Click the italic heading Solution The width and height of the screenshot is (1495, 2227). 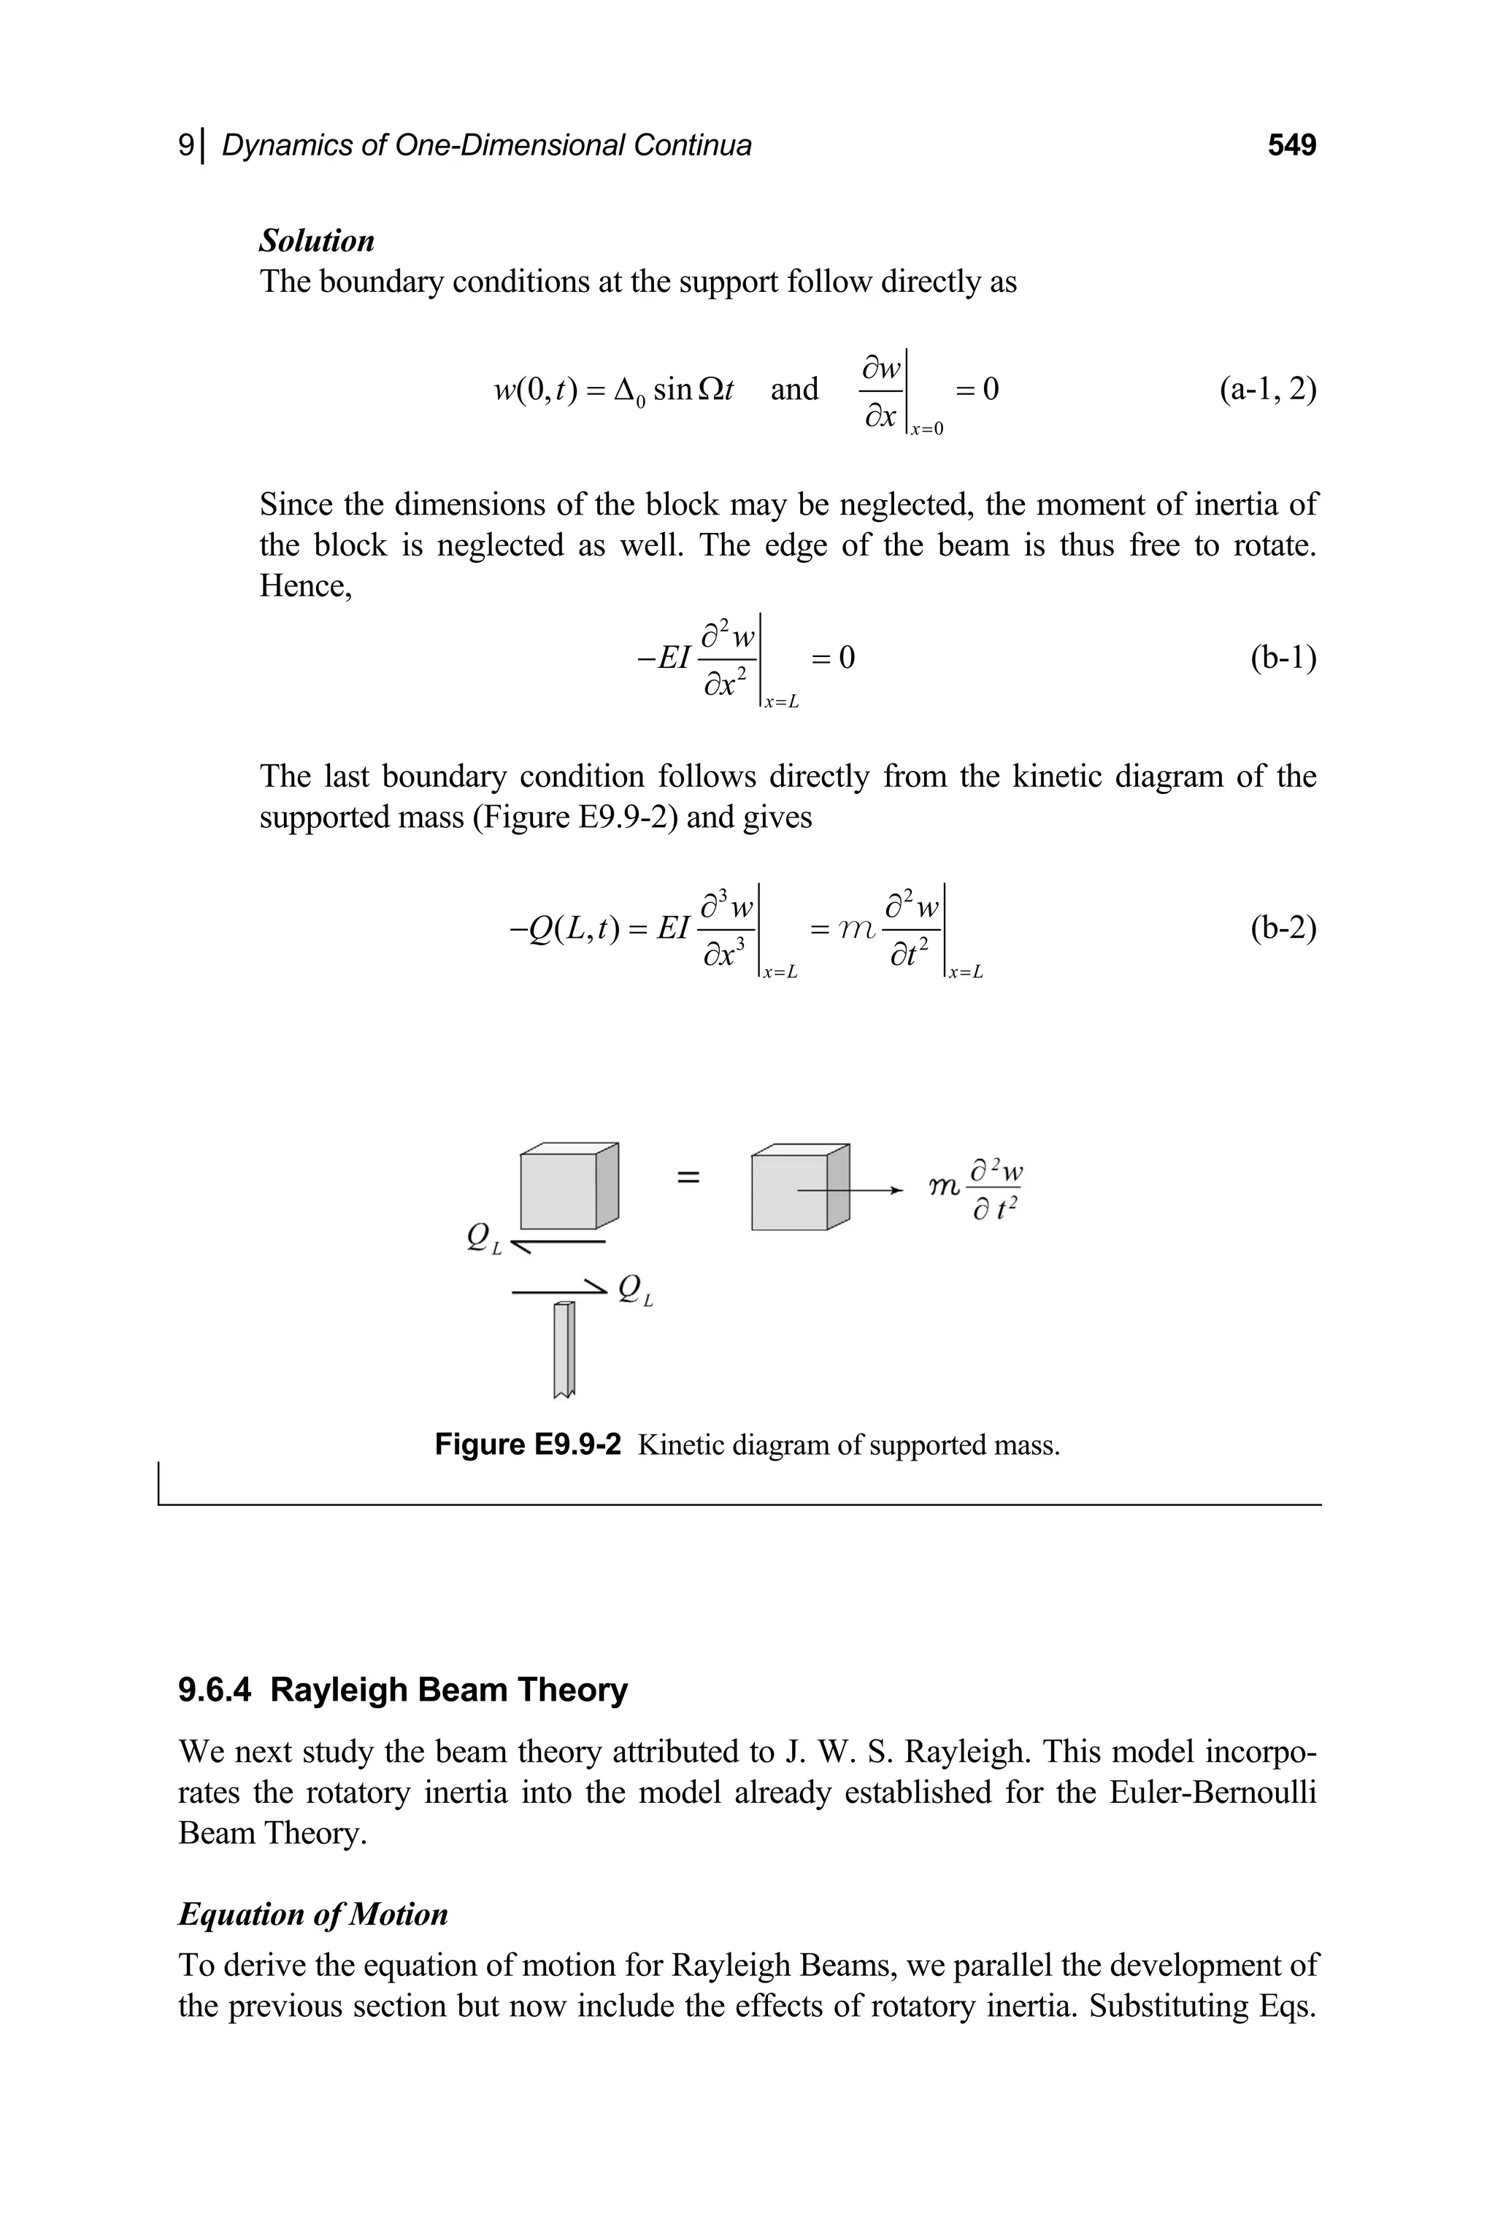click(317, 240)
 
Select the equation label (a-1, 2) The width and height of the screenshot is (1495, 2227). click(1267, 389)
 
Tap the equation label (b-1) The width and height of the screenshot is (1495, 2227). click(1283, 658)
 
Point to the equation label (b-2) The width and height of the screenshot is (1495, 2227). click(1283, 928)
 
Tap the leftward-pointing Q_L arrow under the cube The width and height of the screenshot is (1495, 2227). click(558, 1243)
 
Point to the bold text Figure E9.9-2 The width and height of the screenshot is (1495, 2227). click(527, 1445)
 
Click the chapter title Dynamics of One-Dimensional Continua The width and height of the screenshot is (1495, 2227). click(486, 145)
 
